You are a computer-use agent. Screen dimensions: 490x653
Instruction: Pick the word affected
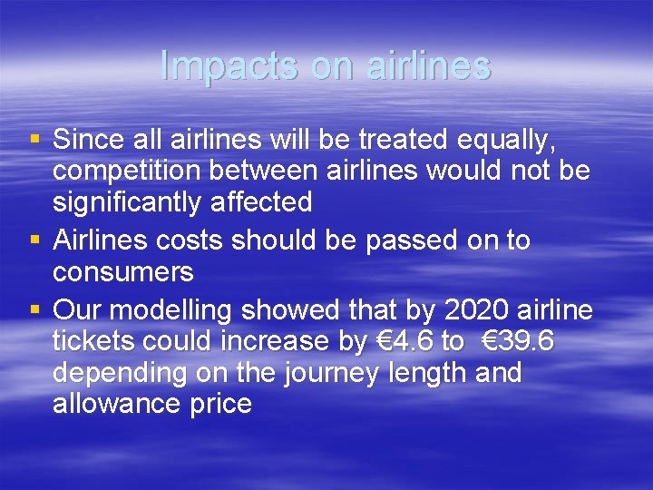click(x=268, y=201)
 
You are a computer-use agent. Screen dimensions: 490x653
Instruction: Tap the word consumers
click(x=123, y=271)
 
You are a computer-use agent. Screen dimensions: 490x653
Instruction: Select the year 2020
click(x=478, y=310)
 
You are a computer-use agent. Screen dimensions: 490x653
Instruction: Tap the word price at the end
click(x=222, y=403)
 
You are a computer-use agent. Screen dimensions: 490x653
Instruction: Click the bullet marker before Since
click(x=35, y=140)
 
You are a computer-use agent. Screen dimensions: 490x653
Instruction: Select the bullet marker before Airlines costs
click(x=35, y=240)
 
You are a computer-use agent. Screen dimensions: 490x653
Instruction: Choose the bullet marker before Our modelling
click(x=35, y=310)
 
